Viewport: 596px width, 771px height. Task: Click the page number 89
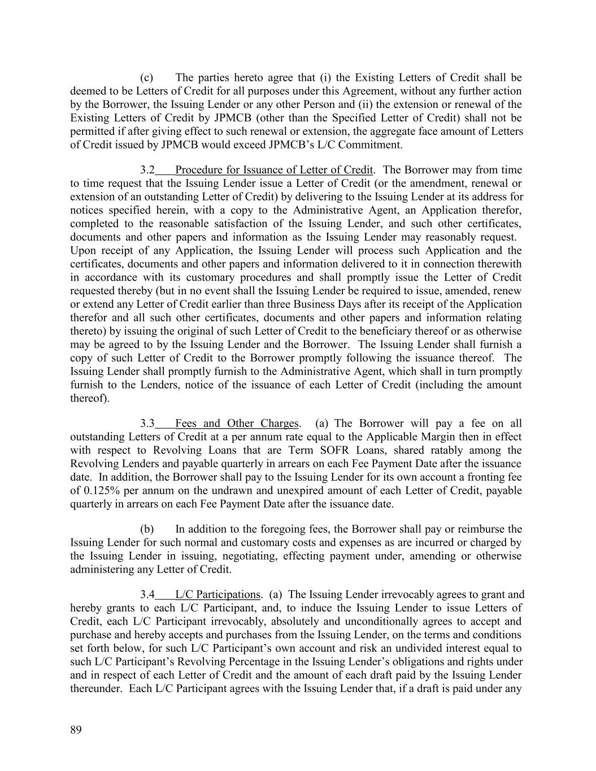(76, 730)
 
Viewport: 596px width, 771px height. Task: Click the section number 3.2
(147, 170)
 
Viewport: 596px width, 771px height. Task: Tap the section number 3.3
(147, 423)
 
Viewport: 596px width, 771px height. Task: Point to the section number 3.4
(147, 594)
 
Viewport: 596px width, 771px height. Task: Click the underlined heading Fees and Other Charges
(237, 423)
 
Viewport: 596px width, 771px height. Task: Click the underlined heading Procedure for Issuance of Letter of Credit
(274, 170)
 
